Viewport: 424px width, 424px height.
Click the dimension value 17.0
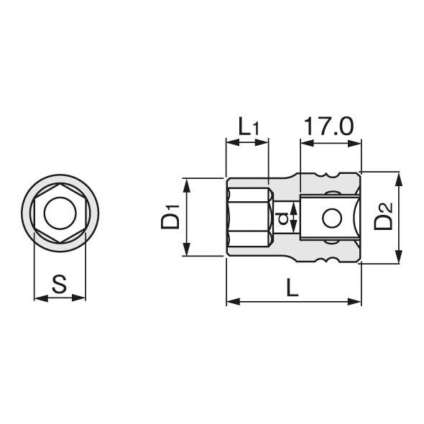point(329,126)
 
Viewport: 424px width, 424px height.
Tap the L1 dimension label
point(249,126)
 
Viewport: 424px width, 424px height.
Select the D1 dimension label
point(170,217)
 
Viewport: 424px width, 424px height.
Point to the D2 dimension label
point(383,216)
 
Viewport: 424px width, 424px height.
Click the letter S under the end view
point(59,284)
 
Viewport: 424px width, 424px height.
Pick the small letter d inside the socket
point(283,218)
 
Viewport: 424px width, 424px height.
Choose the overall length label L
point(292,287)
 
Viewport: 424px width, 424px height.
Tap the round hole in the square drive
point(332,218)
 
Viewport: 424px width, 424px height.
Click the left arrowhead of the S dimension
point(41,298)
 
